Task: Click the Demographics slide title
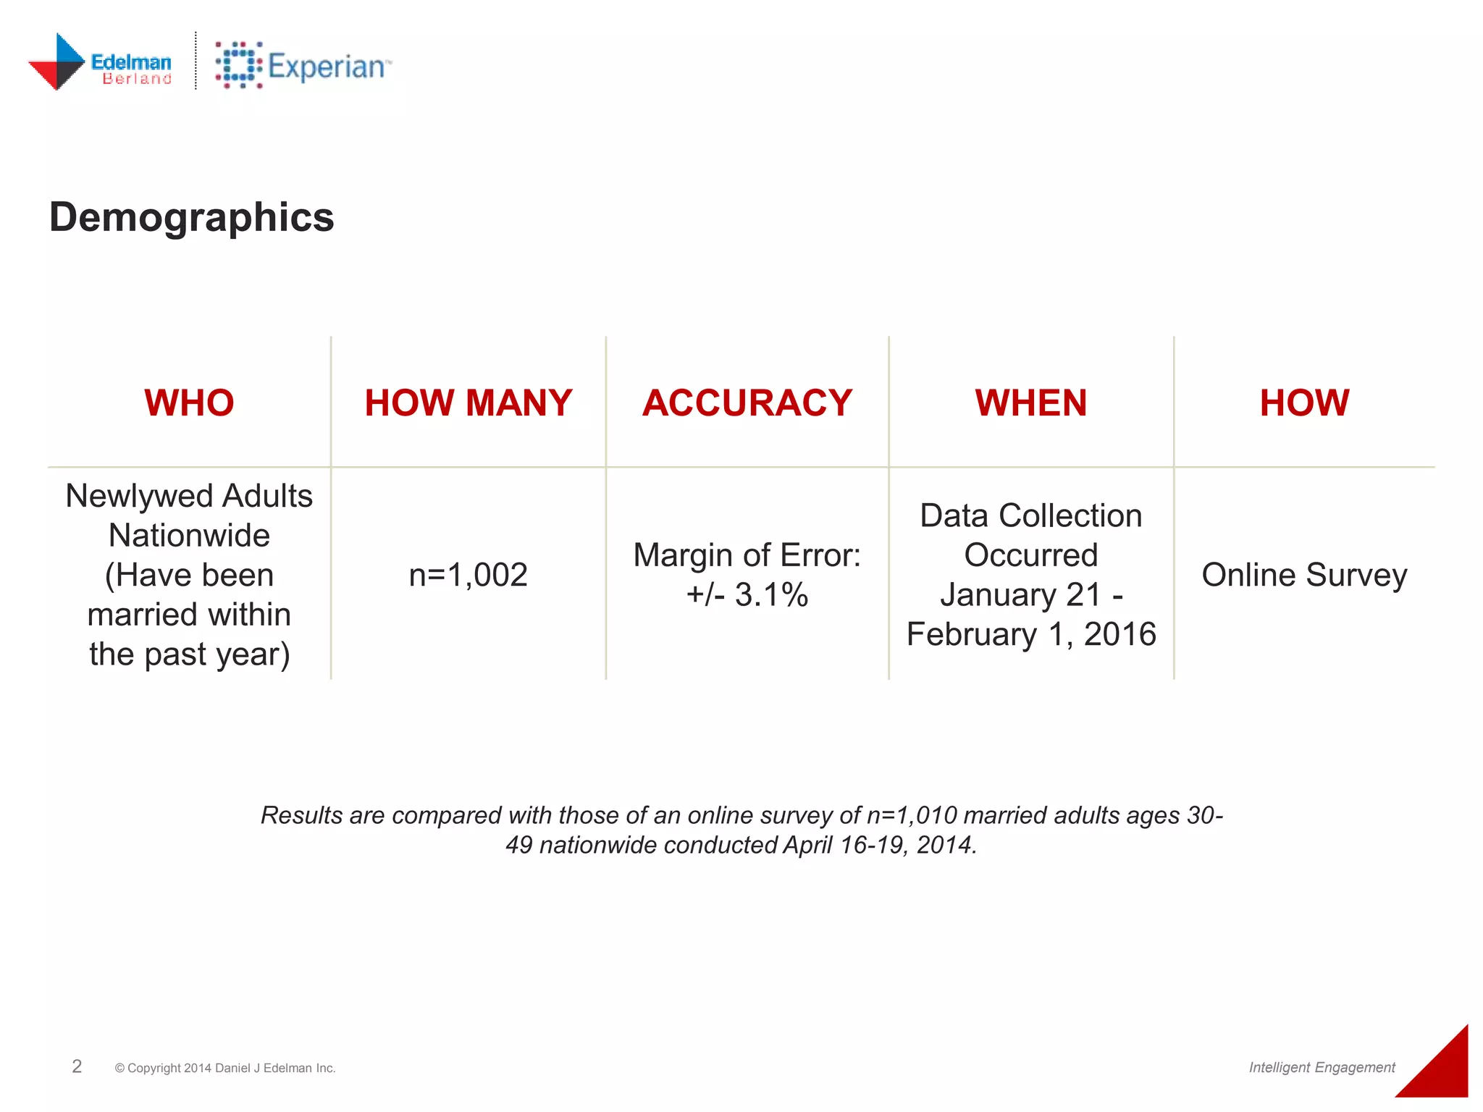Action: coord(192,217)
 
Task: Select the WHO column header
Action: coord(189,403)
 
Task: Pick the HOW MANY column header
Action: coord(468,403)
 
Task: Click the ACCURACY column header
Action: coord(747,403)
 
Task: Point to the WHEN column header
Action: coord(1030,403)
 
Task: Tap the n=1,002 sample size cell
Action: coord(468,575)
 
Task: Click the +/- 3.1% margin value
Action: coord(747,595)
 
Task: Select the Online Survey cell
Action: coord(1304,575)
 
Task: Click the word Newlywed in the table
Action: coord(139,497)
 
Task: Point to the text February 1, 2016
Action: coord(1031,634)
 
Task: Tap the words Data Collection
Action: coord(1031,516)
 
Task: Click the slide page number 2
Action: coord(77,1066)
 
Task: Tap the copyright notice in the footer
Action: coord(225,1068)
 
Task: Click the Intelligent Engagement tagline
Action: coord(1322,1067)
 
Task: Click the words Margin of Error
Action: coord(747,555)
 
